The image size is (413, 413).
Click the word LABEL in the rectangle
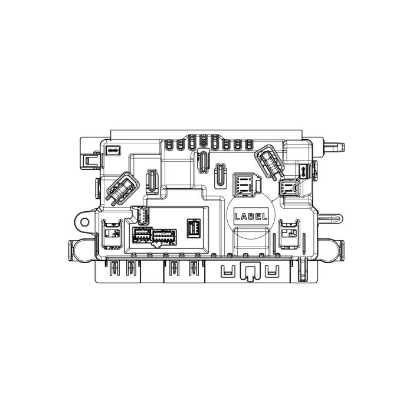pos(251,217)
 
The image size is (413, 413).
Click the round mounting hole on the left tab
pos(84,222)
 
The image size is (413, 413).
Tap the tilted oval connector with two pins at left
pos(122,189)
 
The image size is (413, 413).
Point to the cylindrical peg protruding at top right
pos(334,147)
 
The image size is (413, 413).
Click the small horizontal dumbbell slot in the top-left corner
pos(113,150)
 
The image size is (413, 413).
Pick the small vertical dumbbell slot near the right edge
pos(303,171)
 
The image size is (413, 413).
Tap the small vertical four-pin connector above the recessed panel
pos(142,215)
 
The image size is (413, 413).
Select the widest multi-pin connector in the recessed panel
pos(165,236)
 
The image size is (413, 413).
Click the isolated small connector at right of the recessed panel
pos(194,228)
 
